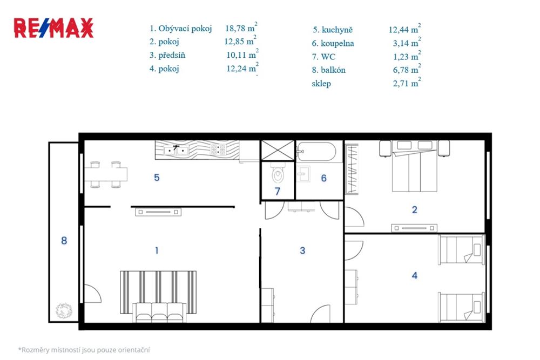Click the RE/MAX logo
(53, 28)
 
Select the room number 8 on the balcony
(64, 241)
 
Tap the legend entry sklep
(321, 84)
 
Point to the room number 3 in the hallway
(303, 250)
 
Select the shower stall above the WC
(278, 151)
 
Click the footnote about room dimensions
(84, 350)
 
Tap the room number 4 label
(415, 276)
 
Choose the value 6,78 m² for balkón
(405, 70)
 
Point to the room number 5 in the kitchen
(157, 177)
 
